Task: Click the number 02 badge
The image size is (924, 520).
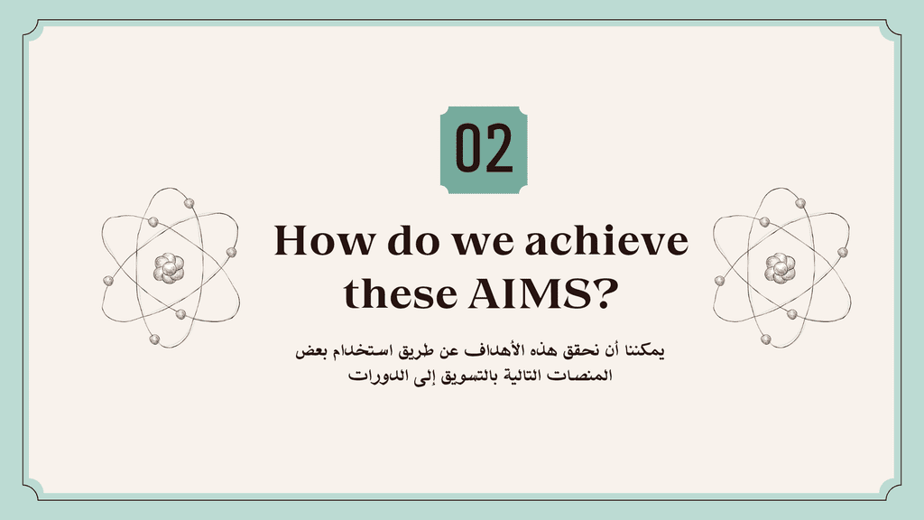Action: [484, 150]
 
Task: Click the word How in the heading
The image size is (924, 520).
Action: [324, 240]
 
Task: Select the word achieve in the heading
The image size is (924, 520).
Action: [606, 240]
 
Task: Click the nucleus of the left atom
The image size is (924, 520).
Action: [169, 268]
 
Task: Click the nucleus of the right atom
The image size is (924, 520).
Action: [781, 268]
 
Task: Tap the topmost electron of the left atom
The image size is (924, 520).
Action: [189, 203]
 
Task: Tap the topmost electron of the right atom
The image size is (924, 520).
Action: [800, 203]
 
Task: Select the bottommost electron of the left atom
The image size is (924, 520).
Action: [154, 339]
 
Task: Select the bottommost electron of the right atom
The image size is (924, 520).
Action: [765, 339]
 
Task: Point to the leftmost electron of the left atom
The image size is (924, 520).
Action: [108, 281]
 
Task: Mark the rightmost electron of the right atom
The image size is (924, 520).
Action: [843, 253]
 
